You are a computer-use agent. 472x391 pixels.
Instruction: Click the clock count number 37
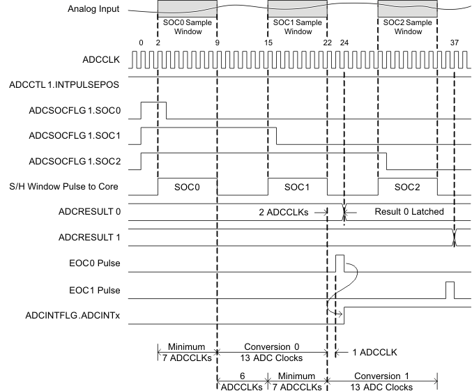click(x=455, y=43)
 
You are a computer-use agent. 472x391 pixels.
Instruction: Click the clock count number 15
click(x=268, y=43)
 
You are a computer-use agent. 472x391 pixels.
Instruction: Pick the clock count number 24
click(x=344, y=43)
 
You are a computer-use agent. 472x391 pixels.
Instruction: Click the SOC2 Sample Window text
click(x=407, y=26)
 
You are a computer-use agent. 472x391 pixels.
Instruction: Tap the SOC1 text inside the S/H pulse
click(x=297, y=188)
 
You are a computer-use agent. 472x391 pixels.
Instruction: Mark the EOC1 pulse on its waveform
click(x=450, y=289)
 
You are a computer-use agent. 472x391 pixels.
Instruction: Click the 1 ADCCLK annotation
click(x=374, y=352)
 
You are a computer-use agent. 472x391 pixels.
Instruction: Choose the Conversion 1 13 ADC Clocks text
click(x=381, y=381)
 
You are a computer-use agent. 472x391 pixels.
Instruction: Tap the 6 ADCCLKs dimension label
click(x=240, y=381)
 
